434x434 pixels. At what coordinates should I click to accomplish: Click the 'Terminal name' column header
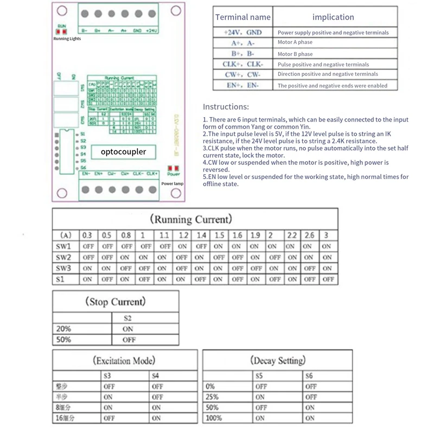pos(242,17)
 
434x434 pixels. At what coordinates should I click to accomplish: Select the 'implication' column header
pos(333,17)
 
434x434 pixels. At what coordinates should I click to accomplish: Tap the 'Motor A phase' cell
pos(295,43)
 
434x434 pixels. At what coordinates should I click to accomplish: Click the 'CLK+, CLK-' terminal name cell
pos(242,64)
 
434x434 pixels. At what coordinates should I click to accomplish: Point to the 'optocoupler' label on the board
pos(123,152)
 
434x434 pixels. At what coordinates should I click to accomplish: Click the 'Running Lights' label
pos(67,39)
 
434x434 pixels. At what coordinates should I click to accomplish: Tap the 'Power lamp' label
pos(173,184)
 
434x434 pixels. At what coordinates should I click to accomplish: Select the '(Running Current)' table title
pos(191,219)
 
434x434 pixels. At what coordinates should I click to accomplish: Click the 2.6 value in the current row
pos(309,235)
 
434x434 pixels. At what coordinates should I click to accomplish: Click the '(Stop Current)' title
pos(115,302)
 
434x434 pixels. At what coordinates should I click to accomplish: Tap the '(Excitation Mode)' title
pos(124,360)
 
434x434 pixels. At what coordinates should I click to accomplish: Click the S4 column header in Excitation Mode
pos(156,375)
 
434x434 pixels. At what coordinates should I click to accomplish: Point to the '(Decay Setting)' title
pos(278,360)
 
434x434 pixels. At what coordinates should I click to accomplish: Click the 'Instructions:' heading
pos(226,107)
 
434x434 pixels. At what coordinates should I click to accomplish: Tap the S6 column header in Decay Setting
pos(309,375)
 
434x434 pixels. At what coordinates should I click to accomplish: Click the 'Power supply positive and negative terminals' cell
pos(333,33)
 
